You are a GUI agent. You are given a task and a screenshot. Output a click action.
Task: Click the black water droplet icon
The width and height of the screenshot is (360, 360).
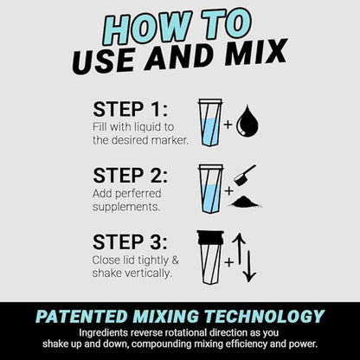tap(249, 121)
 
